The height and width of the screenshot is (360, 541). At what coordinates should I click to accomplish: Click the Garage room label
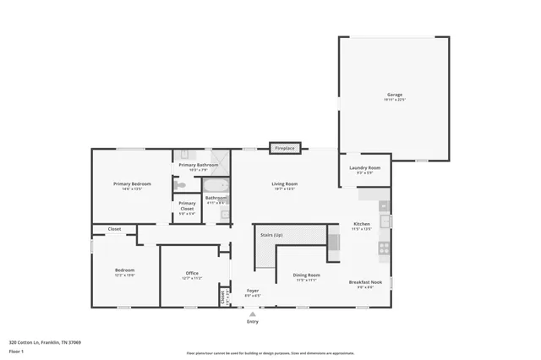(x=395, y=95)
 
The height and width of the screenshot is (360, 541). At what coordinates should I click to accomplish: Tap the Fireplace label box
(x=285, y=148)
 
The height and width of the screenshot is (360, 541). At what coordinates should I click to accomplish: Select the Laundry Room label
(x=365, y=168)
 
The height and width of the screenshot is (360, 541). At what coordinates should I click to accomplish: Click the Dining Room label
(x=306, y=275)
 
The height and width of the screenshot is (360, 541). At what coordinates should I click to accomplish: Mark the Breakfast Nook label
(x=365, y=282)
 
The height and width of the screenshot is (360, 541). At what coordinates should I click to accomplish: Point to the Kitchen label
(x=362, y=225)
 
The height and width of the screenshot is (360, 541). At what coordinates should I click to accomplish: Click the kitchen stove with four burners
(x=383, y=248)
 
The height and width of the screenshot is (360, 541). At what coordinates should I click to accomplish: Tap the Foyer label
(x=252, y=291)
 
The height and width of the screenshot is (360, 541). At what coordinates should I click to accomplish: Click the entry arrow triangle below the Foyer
(x=252, y=314)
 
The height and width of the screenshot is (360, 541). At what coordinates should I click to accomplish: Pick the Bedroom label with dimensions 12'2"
(x=124, y=271)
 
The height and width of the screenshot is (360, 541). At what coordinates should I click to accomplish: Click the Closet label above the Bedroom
(x=114, y=229)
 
